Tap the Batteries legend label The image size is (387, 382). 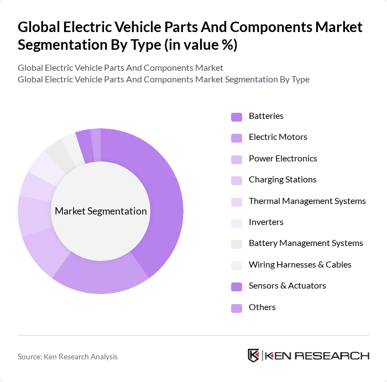point(266,116)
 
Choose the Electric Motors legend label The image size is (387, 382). point(278,137)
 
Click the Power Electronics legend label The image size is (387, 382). point(283,159)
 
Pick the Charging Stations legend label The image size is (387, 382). point(283,180)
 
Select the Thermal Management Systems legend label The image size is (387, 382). point(307,201)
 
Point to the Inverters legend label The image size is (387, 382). point(266,222)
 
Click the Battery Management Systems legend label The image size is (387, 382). point(306,243)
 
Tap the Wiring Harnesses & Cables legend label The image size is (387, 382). point(300,265)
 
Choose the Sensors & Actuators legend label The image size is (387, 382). point(287,286)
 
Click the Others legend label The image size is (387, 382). point(262,307)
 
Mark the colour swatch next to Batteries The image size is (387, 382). point(237,117)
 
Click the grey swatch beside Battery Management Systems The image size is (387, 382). point(237,244)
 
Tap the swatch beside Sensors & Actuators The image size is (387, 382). point(237,286)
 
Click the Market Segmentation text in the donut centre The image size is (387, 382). point(101,211)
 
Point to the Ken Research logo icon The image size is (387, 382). point(254,355)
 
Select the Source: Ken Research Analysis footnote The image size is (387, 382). point(67,357)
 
